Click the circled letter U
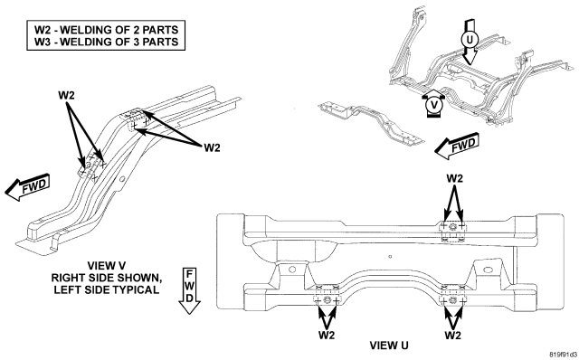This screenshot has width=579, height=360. coord(470,39)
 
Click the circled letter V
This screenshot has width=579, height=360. coord(434,105)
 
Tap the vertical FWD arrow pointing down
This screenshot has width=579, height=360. coord(189,291)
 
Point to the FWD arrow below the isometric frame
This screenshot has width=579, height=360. coord(457,146)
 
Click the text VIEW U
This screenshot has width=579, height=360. coord(389,346)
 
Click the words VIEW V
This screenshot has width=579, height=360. coord(107,265)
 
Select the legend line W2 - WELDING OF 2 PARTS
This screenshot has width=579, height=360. coord(107,30)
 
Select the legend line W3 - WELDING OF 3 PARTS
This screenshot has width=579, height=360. coord(107,42)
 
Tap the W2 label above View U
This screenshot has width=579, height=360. coord(454,178)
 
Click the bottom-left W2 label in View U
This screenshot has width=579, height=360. coord(327,336)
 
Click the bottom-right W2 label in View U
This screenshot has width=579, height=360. coord(452,336)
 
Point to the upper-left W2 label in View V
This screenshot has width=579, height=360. coord(66,95)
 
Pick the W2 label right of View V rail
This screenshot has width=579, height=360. coord(212,147)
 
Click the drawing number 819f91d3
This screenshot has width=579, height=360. coord(563,355)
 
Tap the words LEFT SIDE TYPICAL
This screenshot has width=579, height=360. coord(107,289)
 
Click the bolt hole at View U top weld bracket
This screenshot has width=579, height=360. coord(452,227)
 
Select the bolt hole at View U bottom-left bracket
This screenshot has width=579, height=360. coord(327,299)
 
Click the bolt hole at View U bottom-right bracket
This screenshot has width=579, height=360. coord(452,300)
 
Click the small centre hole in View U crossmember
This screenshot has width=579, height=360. coord(390,256)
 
